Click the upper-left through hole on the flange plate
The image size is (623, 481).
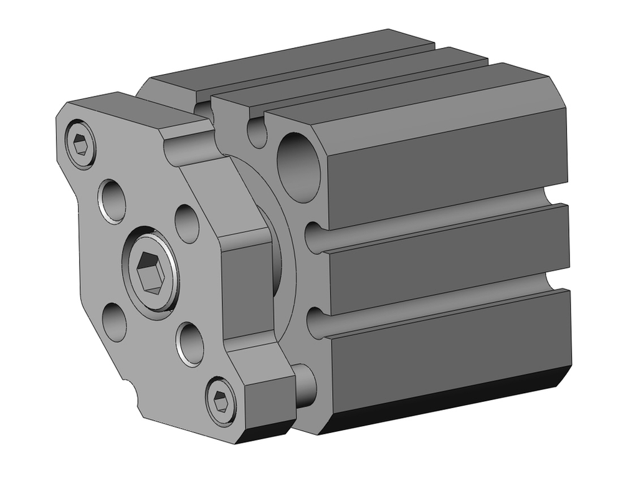coord(112,201)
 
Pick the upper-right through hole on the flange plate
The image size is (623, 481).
coord(187,222)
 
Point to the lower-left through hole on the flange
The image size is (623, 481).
coord(115,321)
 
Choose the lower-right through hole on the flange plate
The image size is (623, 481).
coord(191,343)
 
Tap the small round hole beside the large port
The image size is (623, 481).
coord(257,133)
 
